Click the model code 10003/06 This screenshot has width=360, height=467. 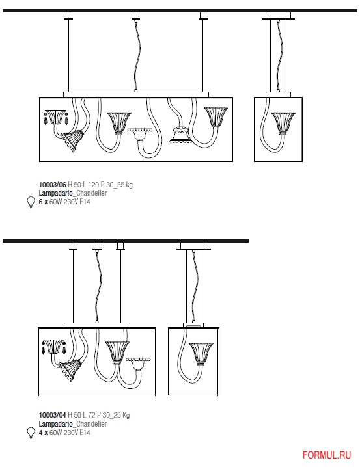53,185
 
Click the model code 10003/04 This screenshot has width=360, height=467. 53,415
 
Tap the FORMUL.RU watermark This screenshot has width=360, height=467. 327,455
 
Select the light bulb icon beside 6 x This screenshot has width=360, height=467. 31,202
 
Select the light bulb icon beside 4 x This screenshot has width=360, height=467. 31,433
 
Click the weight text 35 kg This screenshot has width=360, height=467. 125,185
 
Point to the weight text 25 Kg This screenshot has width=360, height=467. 122,415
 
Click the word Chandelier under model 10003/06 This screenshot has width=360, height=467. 92,193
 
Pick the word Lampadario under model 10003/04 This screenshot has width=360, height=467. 56,423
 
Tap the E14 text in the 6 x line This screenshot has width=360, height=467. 85,202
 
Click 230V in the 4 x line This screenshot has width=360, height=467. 70,433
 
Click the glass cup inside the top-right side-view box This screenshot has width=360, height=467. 283,124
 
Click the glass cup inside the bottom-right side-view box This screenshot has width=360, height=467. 201,354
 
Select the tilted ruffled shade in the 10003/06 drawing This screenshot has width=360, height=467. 72,140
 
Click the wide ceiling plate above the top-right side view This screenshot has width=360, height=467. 279,16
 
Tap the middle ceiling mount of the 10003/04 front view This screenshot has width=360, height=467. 96,246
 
